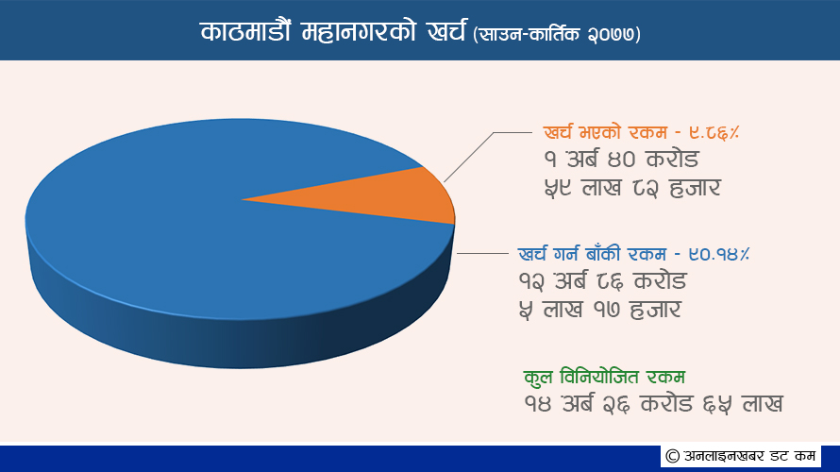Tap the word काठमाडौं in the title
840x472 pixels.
[x=245, y=31]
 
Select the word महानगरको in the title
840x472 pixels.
[x=359, y=32]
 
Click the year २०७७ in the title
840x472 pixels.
[x=611, y=35]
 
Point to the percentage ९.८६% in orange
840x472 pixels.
[x=714, y=133]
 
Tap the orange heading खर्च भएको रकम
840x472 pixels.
[x=605, y=132]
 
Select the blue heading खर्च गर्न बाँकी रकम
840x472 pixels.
[x=592, y=254]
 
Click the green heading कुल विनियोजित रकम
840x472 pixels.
[x=604, y=377]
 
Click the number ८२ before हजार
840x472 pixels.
[x=646, y=189]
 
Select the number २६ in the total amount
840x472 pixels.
[x=615, y=404]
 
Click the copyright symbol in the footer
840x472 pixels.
[x=673, y=457]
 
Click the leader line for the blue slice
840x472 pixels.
[x=482, y=253]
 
